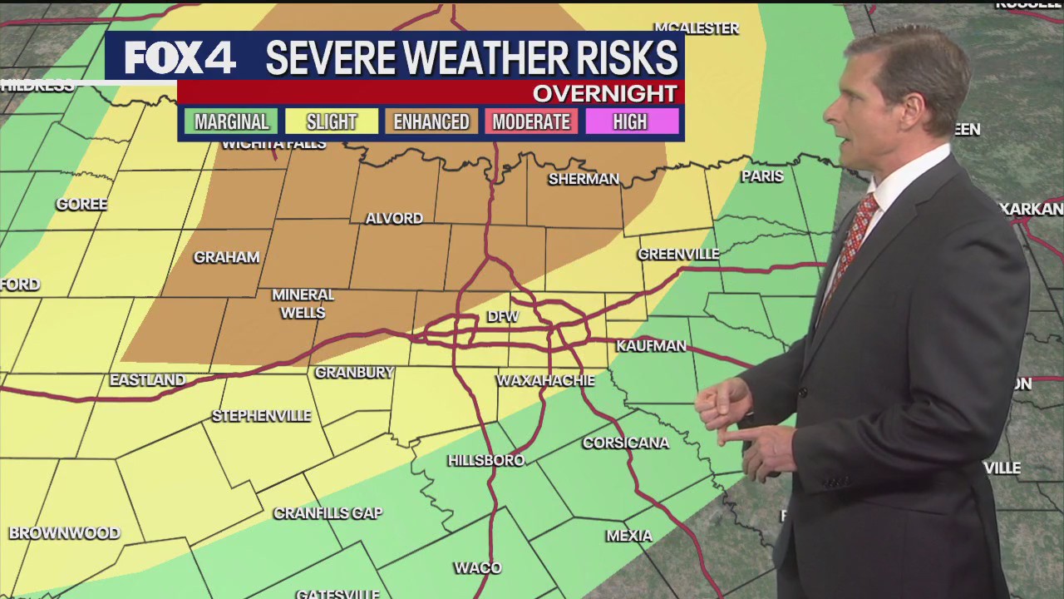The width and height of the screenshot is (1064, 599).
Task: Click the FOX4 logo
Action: [x=180, y=58]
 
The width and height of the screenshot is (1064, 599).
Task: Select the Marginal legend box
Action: [x=231, y=121]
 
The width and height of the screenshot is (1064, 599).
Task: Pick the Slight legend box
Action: [x=331, y=121]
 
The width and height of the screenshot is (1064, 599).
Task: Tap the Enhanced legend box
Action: [x=431, y=121]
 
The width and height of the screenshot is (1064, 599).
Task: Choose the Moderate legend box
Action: [x=531, y=121]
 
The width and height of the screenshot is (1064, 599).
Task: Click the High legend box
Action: [x=630, y=121]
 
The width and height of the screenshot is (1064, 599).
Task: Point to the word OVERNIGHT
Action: [x=604, y=92]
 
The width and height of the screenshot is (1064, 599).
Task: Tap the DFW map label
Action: [x=502, y=316]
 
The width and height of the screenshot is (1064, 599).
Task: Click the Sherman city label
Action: [x=584, y=178]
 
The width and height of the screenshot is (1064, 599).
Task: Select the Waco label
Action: [x=477, y=567]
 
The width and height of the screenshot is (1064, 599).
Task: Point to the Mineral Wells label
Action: [x=303, y=304]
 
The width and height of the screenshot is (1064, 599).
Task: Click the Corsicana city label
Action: [x=625, y=443]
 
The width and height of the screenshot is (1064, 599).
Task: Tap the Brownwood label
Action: [x=64, y=533]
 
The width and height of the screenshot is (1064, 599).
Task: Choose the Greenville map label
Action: [x=678, y=254]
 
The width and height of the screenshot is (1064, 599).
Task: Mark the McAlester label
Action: [x=697, y=28]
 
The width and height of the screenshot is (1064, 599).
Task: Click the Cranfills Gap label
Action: [x=328, y=513]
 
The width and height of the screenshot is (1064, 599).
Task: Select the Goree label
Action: [x=81, y=204]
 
